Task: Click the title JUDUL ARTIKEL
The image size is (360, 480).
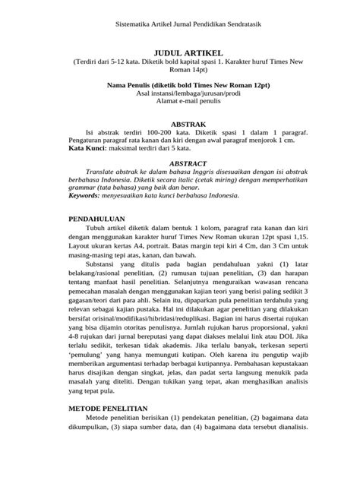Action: pos(179,53)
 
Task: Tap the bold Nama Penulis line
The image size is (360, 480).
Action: pos(180,86)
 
